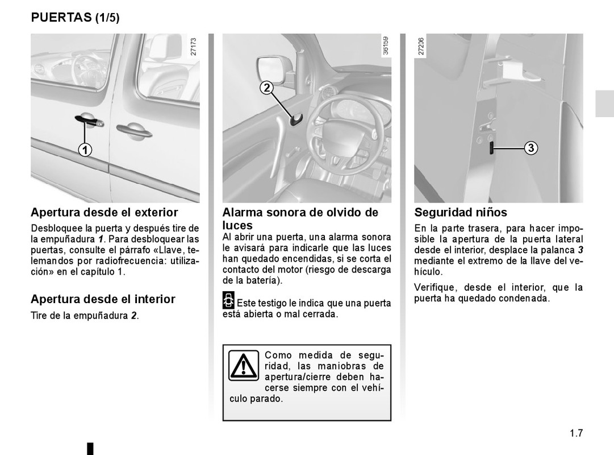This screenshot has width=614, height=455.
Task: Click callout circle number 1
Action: (84, 150)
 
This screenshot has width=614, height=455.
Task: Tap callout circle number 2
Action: (267, 88)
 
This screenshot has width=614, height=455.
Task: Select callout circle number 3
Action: (530, 148)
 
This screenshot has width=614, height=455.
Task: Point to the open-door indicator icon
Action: (228, 301)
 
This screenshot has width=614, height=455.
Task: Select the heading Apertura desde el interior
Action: (103, 299)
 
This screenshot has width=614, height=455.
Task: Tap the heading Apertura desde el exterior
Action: (104, 213)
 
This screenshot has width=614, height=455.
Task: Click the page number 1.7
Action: (576, 433)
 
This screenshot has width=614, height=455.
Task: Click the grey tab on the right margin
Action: (604, 104)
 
